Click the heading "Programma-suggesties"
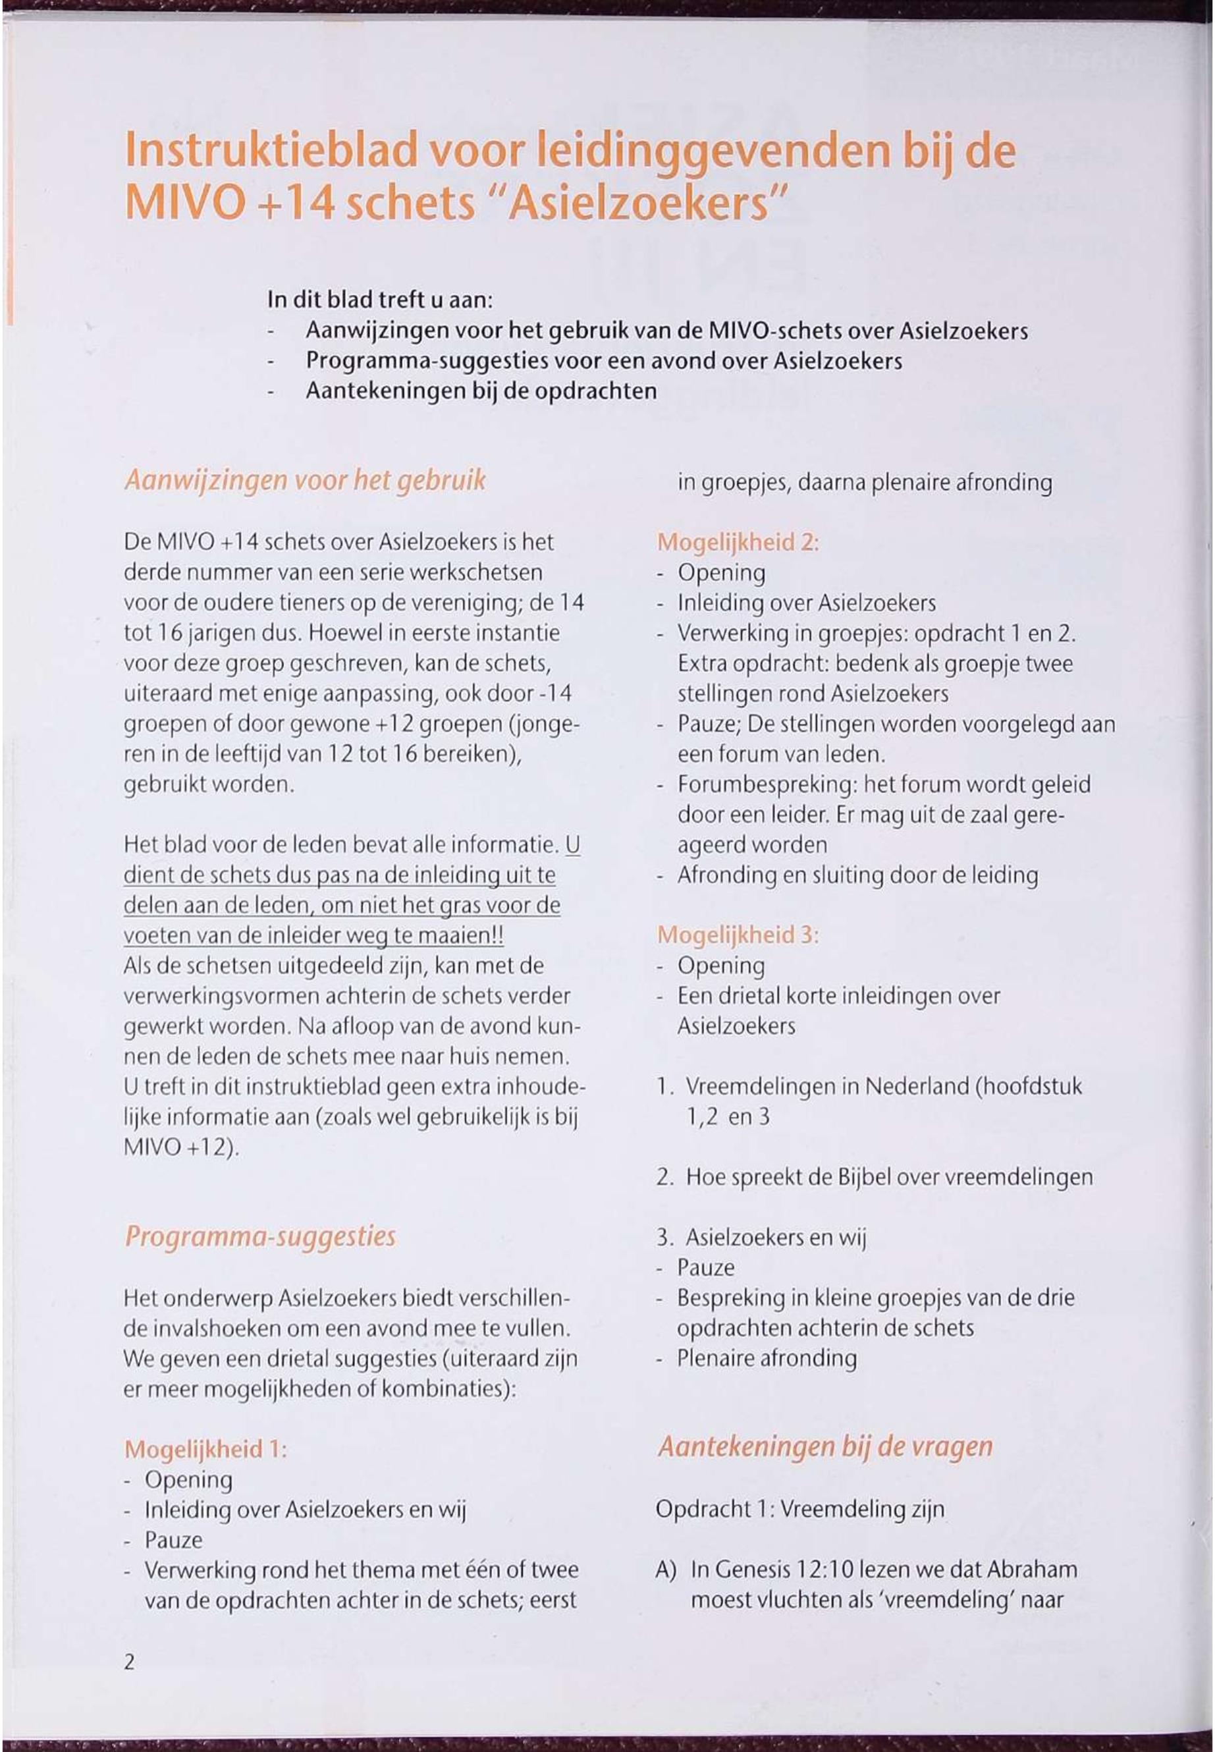pyautogui.click(x=260, y=1236)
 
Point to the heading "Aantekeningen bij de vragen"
pyautogui.click(x=825, y=1446)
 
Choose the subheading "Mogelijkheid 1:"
pyautogui.click(x=205, y=1449)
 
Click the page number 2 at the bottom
pyautogui.click(x=130, y=1662)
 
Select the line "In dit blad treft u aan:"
pyautogui.click(x=381, y=300)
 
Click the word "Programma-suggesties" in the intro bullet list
pyautogui.click(x=428, y=361)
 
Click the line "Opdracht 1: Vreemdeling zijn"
pyautogui.click(x=799, y=1509)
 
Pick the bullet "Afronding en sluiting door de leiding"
pyautogui.click(x=857, y=875)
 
